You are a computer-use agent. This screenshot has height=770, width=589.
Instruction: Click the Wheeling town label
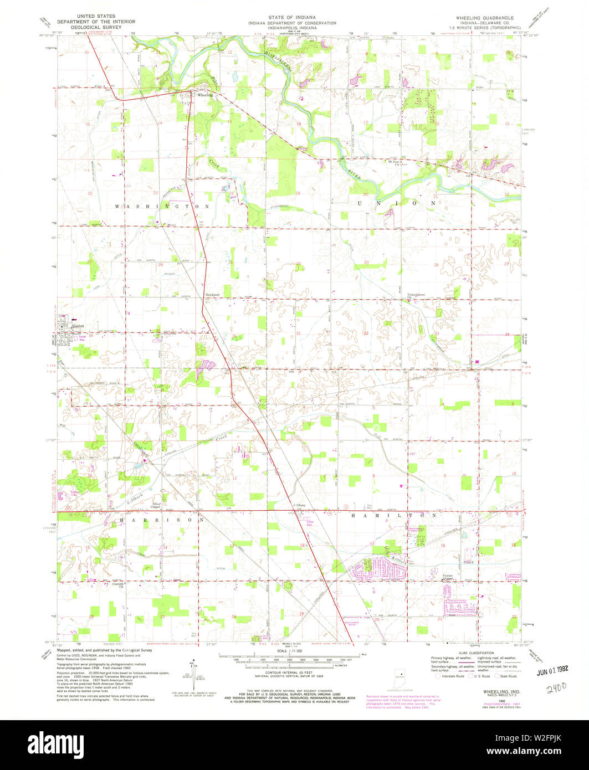point(205,95)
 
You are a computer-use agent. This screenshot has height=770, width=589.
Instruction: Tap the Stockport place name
point(213,295)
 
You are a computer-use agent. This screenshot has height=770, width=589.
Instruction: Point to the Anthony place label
point(299,505)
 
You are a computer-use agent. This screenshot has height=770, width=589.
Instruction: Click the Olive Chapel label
point(156,506)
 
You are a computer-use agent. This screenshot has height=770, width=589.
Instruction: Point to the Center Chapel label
point(448,577)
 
